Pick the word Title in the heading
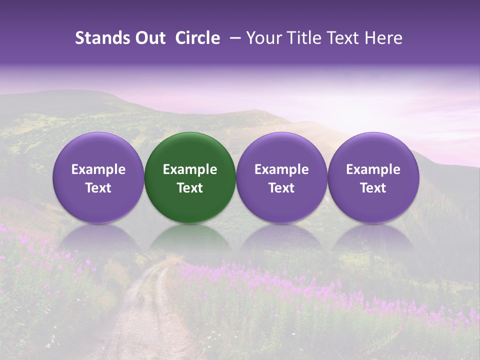click(304, 38)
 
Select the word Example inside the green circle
click(190, 169)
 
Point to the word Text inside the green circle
click(190, 188)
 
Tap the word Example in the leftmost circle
click(98, 169)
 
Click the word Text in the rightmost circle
click(373, 188)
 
